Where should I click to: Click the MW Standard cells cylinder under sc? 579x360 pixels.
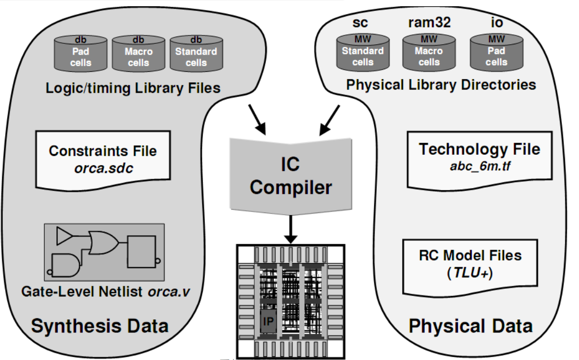(x=363, y=52)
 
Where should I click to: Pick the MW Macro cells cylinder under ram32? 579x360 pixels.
(x=429, y=52)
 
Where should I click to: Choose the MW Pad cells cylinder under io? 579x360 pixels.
(x=496, y=52)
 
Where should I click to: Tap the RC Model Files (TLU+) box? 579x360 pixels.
(x=470, y=265)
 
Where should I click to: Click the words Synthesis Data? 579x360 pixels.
(x=100, y=326)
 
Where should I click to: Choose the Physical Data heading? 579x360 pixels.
(x=470, y=326)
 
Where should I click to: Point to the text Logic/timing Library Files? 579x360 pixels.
(x=133, y=88)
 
